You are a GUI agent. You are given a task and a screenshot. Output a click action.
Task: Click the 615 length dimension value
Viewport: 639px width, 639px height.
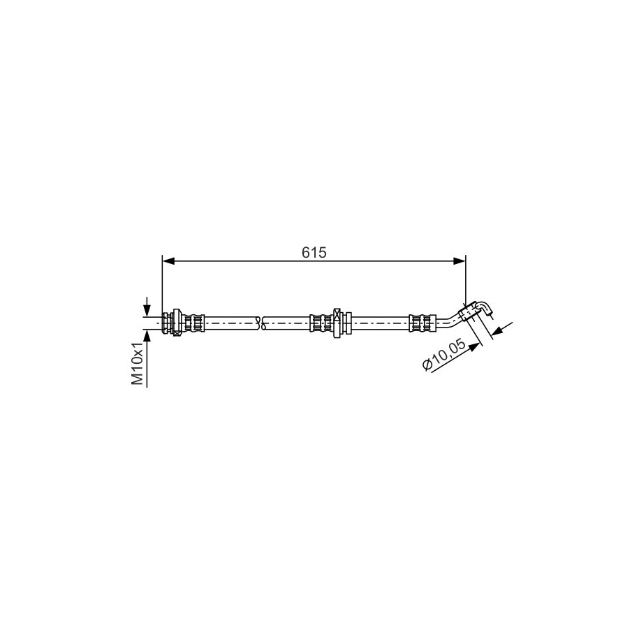(x=314, y=253)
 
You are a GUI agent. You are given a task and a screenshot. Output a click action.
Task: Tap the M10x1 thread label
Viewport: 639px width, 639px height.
(x=138, y=364)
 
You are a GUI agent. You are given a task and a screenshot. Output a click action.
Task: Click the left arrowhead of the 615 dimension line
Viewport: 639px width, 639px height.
(x=168, y=261)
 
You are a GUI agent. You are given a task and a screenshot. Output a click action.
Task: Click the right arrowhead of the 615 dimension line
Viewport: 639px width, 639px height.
(x=460, y=261)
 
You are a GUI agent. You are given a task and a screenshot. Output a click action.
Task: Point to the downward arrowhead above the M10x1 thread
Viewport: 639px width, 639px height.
(x=147, y=311)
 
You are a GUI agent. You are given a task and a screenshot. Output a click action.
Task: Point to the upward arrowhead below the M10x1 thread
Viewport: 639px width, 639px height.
(x=147, y=335)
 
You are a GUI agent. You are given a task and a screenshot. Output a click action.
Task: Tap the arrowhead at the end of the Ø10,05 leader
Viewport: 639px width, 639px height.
(x=475, y=347)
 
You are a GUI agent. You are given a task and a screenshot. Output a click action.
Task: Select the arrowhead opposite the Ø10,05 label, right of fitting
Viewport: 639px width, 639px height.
(x=498, y=330)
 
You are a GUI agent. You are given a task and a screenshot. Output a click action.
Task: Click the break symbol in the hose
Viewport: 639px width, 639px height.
(x=261, y=323)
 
